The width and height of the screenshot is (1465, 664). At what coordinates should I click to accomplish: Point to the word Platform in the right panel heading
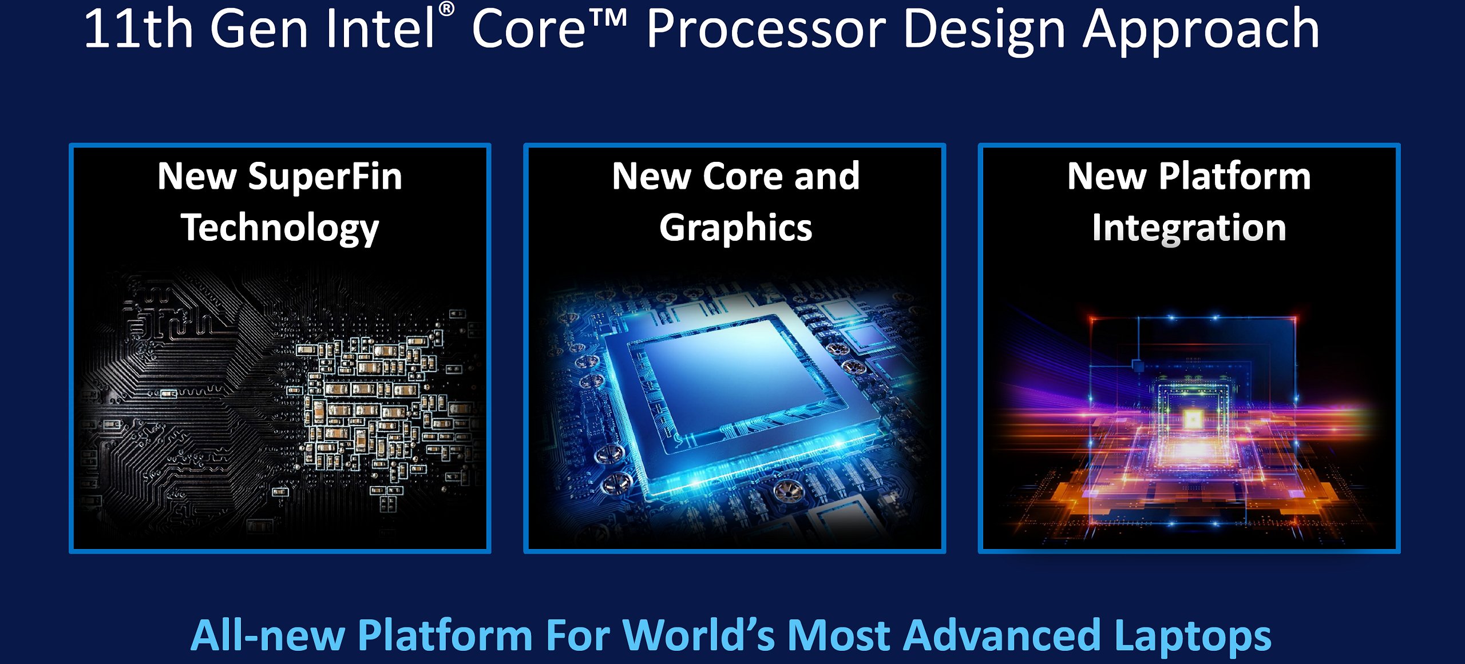(1235, 176)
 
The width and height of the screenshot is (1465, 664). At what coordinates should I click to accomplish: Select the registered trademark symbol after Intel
(446, 9)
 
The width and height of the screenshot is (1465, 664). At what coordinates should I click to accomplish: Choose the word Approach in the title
(1201, 31)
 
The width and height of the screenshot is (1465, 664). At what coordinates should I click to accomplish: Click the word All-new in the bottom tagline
(268, 635)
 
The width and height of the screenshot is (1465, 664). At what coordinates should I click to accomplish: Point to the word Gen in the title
(259, 29)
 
